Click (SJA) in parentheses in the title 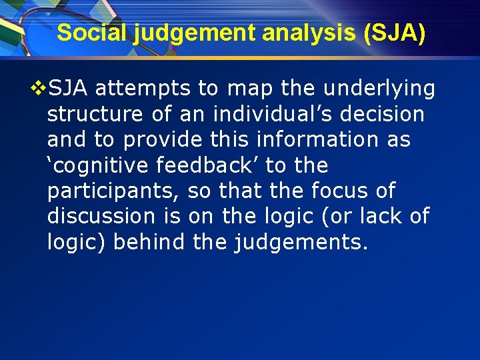[394, 33]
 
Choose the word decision [383, 114]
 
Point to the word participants [113, 191]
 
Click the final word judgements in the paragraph [300, 242]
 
